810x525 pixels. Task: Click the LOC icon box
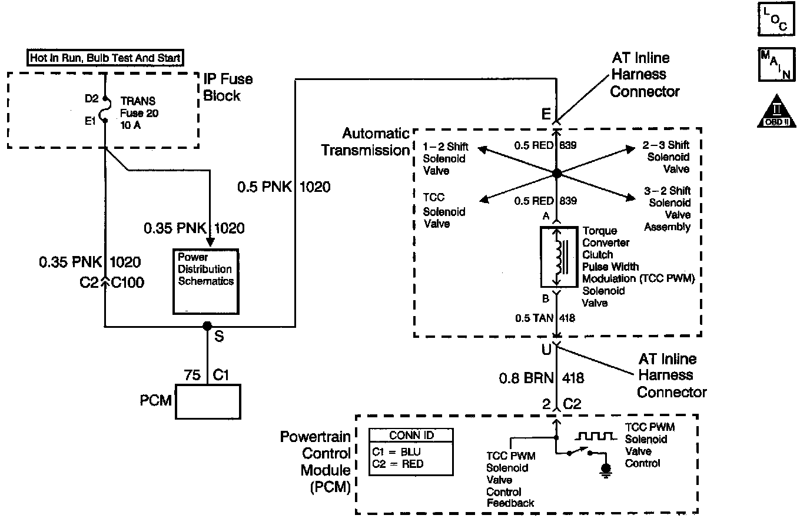tap(776, 19)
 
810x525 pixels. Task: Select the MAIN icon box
tap(776, 64)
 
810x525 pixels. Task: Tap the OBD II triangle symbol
tap(776, 111)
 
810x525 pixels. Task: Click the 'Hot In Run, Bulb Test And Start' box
tap(105, 58)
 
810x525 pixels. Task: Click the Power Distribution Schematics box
tap(206, 281)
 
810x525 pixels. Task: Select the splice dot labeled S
tap(207, 326)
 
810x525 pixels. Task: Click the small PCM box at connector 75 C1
tap(208, 402)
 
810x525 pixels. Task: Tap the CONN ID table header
tap(411, 436)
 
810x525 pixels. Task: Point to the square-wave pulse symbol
tap(596, 436)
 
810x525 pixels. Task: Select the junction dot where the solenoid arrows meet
tap(557, 174)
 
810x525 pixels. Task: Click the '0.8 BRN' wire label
tap(526, 378)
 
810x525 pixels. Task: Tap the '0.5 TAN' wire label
tap(534, 318)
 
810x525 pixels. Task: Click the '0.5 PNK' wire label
tap(264, 187)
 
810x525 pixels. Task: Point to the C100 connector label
tap(128, 283)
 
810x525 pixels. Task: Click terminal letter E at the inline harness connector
tap(546, 114)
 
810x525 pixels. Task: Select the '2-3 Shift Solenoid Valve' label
tap(666, 157)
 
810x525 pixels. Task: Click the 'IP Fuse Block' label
tap(228, 87)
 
